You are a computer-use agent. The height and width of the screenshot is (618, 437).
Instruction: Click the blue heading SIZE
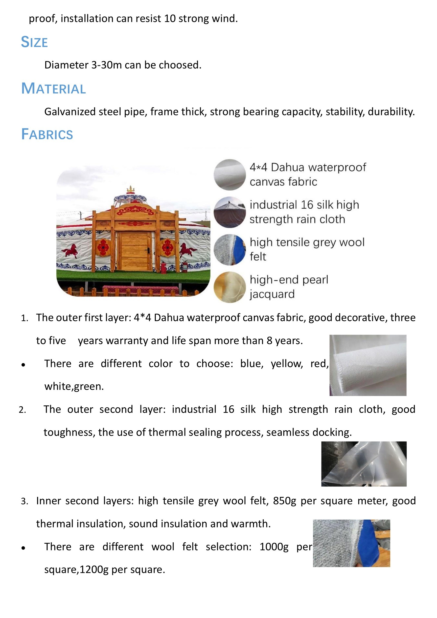coord(34,42)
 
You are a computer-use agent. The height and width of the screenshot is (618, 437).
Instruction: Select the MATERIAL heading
coord(53,88)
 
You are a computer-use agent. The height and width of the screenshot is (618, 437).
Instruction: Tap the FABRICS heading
coord(47,134)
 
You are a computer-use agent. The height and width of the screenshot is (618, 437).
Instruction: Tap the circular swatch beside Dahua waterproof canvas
coord(230,175)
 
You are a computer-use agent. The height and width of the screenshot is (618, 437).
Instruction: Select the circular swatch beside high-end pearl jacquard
coord(230,287)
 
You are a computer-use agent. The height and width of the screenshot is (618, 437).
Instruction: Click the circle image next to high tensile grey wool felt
coord(230,250)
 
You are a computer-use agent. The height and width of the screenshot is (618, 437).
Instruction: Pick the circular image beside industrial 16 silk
coord(230,212)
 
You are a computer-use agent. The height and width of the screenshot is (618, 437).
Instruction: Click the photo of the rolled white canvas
coord(368,365)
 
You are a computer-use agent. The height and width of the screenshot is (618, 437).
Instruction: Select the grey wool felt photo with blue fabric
coord(351,543)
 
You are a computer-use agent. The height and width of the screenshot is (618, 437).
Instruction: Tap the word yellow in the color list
coord(287,364)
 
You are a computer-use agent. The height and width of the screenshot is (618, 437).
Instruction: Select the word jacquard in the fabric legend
coord(272,294)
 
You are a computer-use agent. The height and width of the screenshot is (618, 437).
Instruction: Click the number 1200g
coord(94,570)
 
